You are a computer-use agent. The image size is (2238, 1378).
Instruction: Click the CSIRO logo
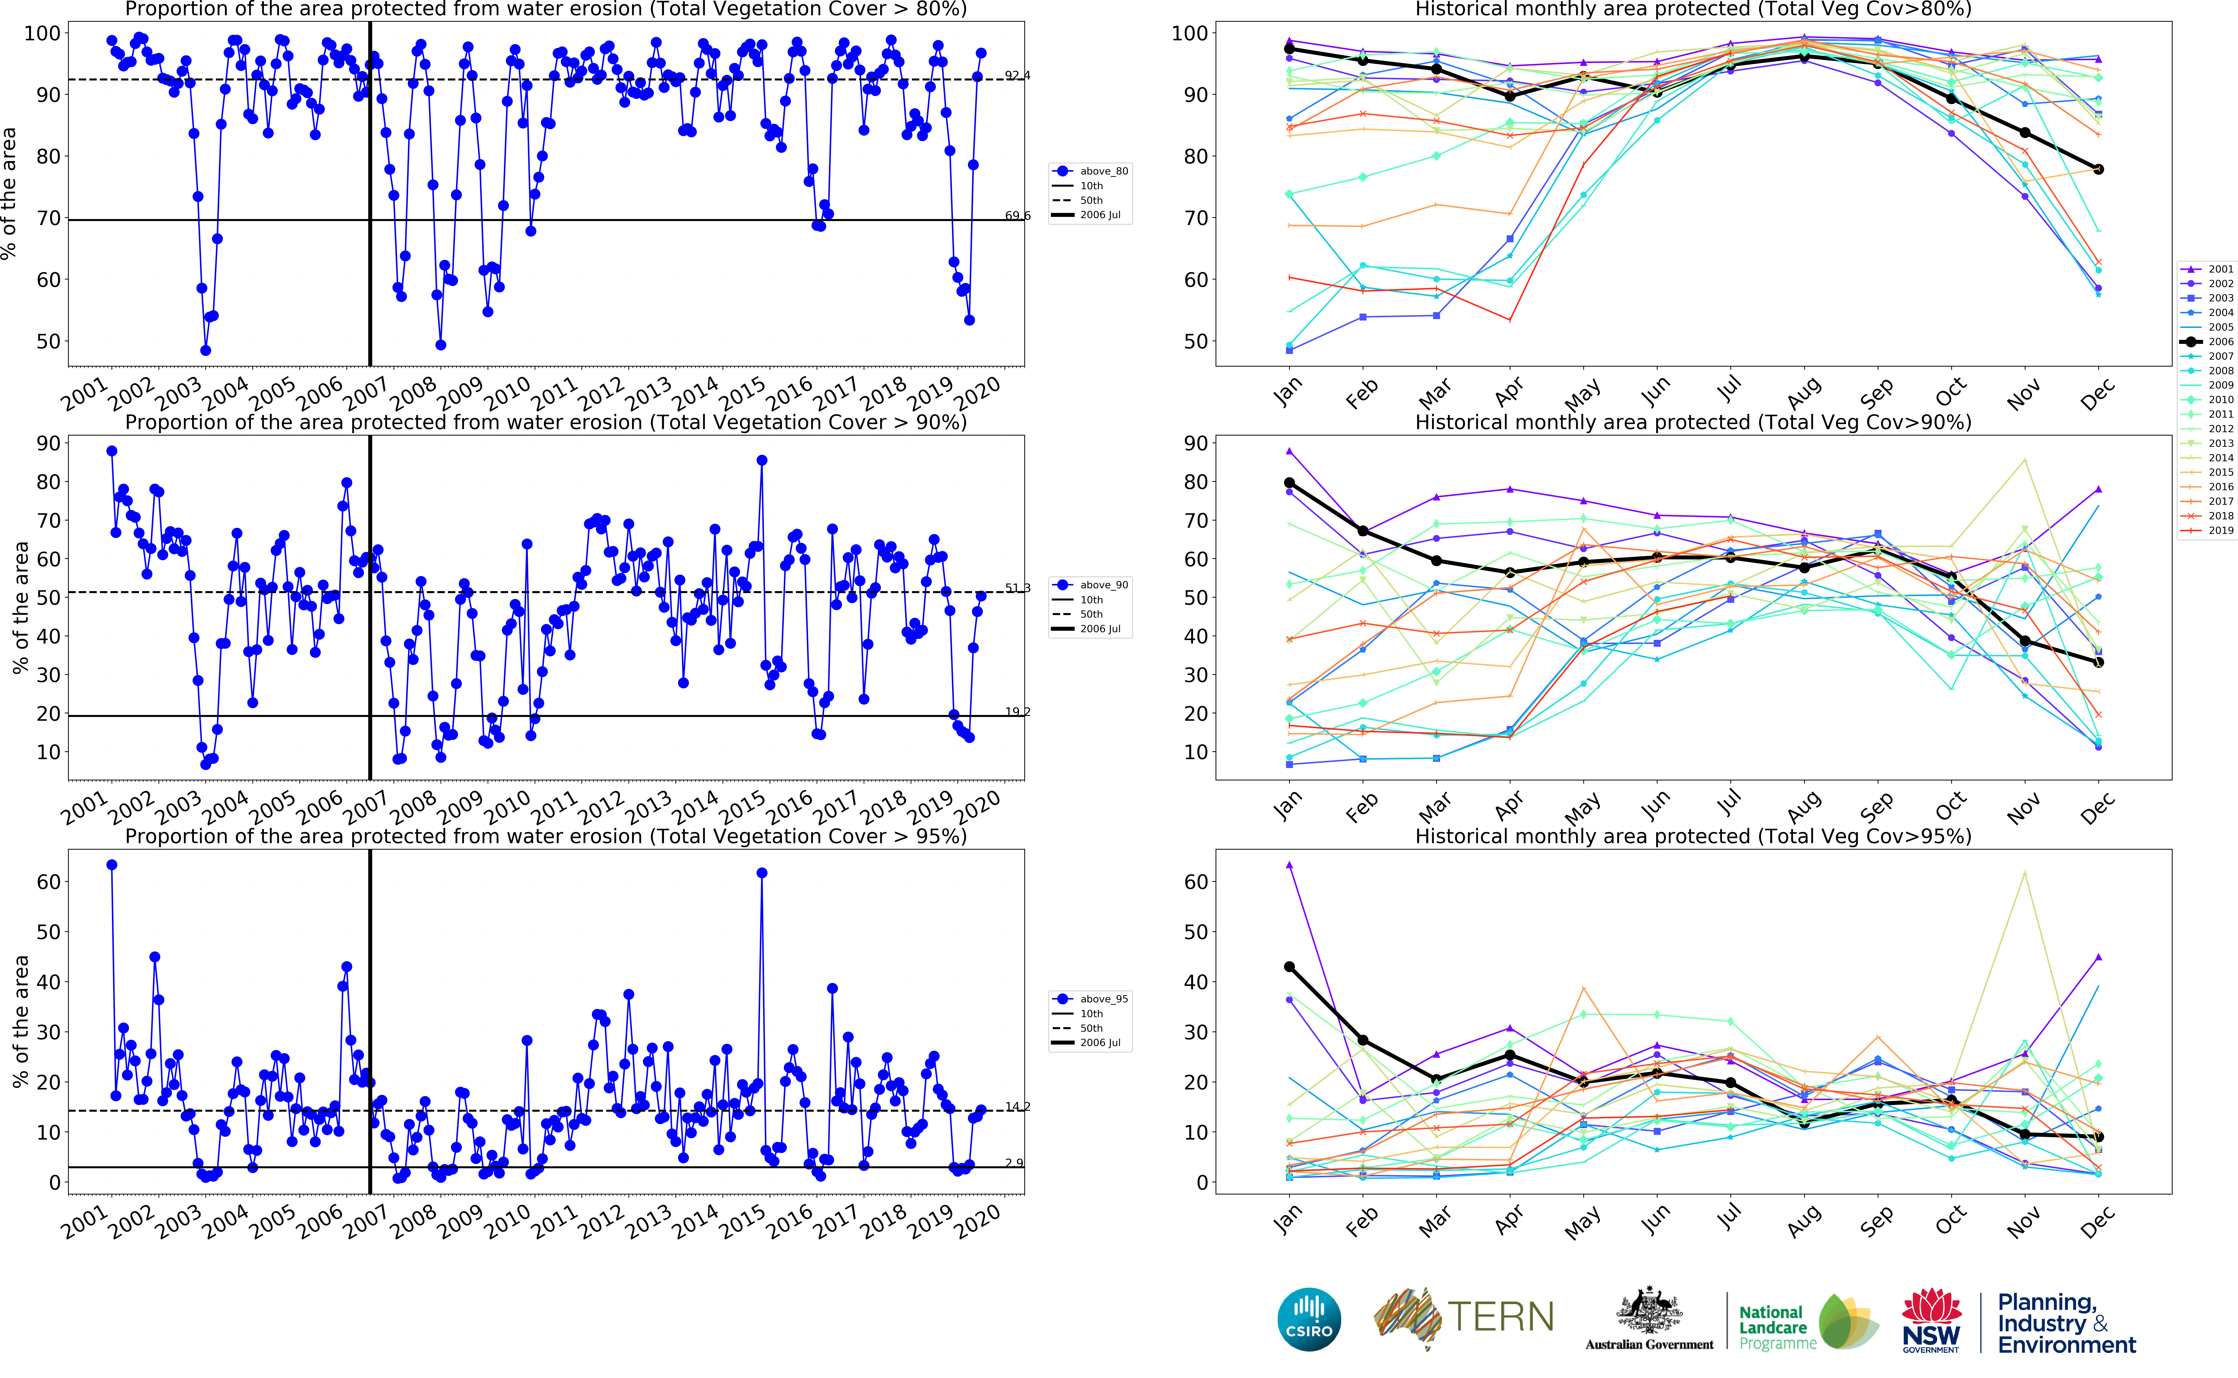[1309, 1319]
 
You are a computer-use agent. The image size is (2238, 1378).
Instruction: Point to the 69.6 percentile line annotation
[1017, 216]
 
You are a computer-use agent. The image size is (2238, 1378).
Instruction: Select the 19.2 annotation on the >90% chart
[1017, 712]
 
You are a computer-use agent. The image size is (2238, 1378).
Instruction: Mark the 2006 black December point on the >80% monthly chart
[2099, 169]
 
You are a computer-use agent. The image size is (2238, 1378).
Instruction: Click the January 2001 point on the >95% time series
[112, 865]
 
